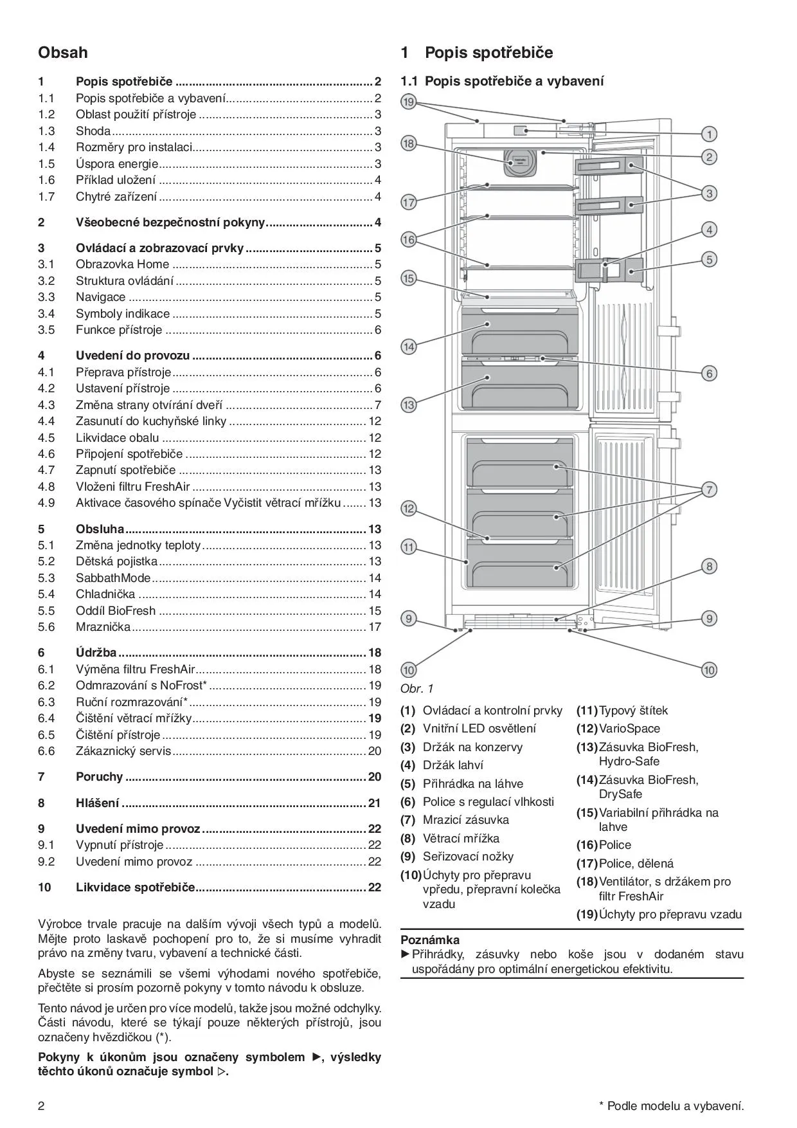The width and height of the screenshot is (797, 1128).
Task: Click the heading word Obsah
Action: pyautogui.click(x=63, y=53)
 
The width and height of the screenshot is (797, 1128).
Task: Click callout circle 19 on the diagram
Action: pyautogui.click(x=409, y=102)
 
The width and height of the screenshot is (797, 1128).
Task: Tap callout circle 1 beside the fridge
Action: pyautogui.click(x=709, y=134)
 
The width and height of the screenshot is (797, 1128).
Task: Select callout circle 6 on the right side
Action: pyautogui.click(x=709, y=373)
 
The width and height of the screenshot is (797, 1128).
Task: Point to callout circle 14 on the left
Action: pyautogui.click(x=409, y=347)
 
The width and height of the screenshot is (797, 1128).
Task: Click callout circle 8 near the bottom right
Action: pyautogui.click(x=709, y=567)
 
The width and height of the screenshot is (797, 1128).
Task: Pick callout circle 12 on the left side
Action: pyautogui.click(x=409, y=509)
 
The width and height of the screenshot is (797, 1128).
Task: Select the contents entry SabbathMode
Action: pyautogui.click(x=113, y=578)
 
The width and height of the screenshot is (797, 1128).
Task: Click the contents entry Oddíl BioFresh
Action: pyautogui.click(x=116, y=610)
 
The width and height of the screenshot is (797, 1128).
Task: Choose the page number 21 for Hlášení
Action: pyautogui.click(x=374, y=803)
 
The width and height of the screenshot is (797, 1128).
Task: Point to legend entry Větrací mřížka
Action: pyautogui.click(x=461, y=838)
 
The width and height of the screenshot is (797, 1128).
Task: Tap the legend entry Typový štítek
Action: pyautogui.click(x=633, y=711)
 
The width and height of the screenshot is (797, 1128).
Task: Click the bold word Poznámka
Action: pyautogui.click(x=430, y=940)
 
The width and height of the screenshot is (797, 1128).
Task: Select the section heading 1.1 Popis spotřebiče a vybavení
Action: pyautogui.click(x=502, y=81)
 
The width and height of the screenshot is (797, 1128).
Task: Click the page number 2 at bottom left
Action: pyautogui.click(x=42, y=1106)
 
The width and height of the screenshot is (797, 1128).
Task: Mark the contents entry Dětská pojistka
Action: pyautogui.click(x=116, y=561)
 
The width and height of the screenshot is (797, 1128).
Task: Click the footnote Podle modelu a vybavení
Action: pyautogui.click(x=675, y=1106)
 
